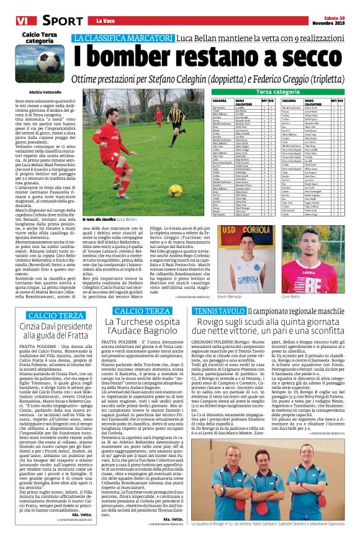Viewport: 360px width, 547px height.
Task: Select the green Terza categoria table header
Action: [x=281, y=92]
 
